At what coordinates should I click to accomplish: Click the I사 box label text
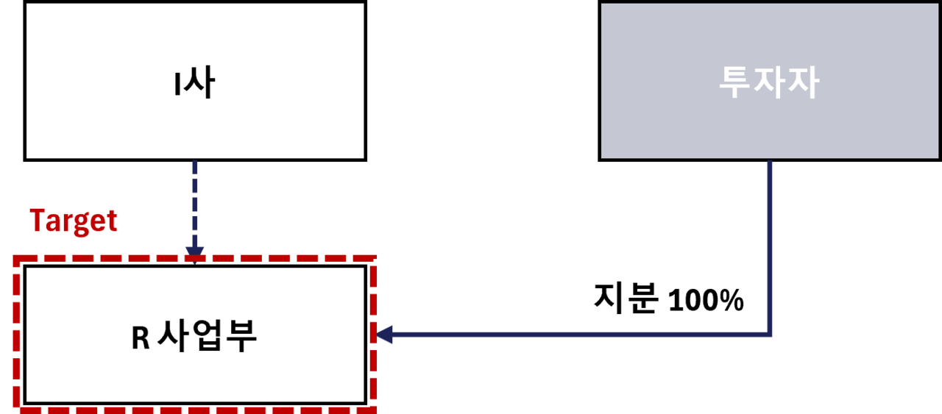pos(195,82)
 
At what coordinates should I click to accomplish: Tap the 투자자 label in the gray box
pos(769,82)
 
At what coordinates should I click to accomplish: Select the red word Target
pos(73,221)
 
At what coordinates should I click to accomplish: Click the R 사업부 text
pos(194,335)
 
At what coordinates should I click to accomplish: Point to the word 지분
pos(626,298)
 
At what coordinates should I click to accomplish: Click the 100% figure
pos(706,300)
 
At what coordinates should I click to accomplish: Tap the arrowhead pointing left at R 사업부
pos(384,335)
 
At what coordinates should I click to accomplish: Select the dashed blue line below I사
pos(195,204)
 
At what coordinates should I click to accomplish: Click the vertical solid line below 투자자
pos(770,247)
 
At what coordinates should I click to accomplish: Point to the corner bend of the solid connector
pos(770,335)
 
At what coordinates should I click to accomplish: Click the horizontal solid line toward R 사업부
pos(581,335)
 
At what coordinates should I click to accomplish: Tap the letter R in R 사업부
pos(141,338)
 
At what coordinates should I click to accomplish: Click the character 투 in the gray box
pos(735,82)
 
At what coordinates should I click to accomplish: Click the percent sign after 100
pos(732,300)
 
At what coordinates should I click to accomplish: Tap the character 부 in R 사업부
pos(241,335)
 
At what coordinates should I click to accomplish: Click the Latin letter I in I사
pos(177,85)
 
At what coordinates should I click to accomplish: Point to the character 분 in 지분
pos(642,298)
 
